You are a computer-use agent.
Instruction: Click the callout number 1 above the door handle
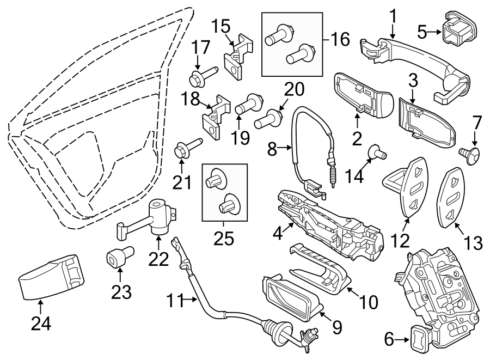click(393, 18)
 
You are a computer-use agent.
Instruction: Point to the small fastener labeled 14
click(376, 154)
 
